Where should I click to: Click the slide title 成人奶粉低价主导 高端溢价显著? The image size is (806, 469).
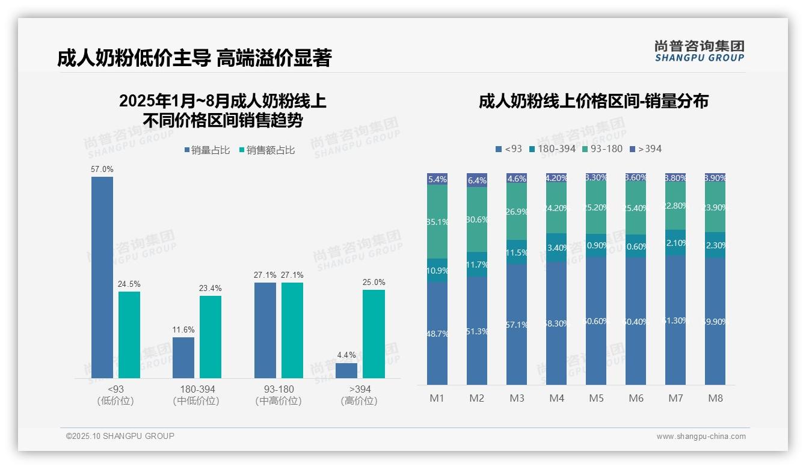tap(194, 58)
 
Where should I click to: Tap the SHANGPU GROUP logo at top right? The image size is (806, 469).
tap(699, 51)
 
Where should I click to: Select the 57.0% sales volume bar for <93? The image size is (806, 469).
tap(102, 277)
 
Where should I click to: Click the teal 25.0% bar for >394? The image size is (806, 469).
tap(374, 334)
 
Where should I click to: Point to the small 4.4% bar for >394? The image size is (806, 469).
tap(346, 370)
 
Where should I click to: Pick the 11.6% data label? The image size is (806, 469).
tap(183, 330)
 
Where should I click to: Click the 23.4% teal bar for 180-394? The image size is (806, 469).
tap(211, 337)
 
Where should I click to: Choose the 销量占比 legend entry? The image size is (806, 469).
tap(207, 150)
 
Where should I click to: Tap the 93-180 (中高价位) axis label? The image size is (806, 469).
tap(278, 395)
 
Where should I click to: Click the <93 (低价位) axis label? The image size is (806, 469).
tap(115, 395)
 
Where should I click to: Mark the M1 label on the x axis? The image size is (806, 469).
tap(437, 398)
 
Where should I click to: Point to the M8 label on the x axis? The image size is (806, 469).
tap(715, 398)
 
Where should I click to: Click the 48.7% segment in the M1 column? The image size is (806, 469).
tap(437, 333)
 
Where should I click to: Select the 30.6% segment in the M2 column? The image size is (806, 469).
tap(477, 219)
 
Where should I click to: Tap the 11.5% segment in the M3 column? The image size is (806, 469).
tap(517, 253)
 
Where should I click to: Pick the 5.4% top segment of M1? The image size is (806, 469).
tap(437, 179)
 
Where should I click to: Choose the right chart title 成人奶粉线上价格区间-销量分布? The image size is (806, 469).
tap(593, 101)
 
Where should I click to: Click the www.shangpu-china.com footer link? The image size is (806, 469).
tap(701, 437)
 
